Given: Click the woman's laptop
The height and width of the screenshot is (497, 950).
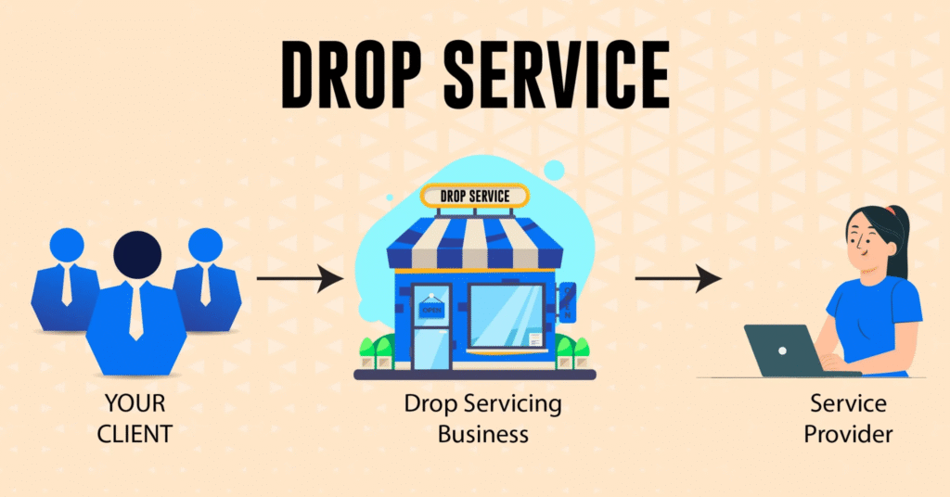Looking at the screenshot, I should [781, 350].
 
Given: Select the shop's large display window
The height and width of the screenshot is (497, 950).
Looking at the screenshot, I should [507, 316].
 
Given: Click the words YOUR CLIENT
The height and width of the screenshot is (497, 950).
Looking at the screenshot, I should [136, 419].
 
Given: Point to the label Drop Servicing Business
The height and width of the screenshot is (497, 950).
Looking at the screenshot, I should [482, 419].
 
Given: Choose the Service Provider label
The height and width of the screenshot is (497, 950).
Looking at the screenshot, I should [847, 419].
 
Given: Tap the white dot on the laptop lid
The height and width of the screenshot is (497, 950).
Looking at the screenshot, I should [781, 351].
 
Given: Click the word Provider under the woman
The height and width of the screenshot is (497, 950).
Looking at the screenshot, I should [847, 434].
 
